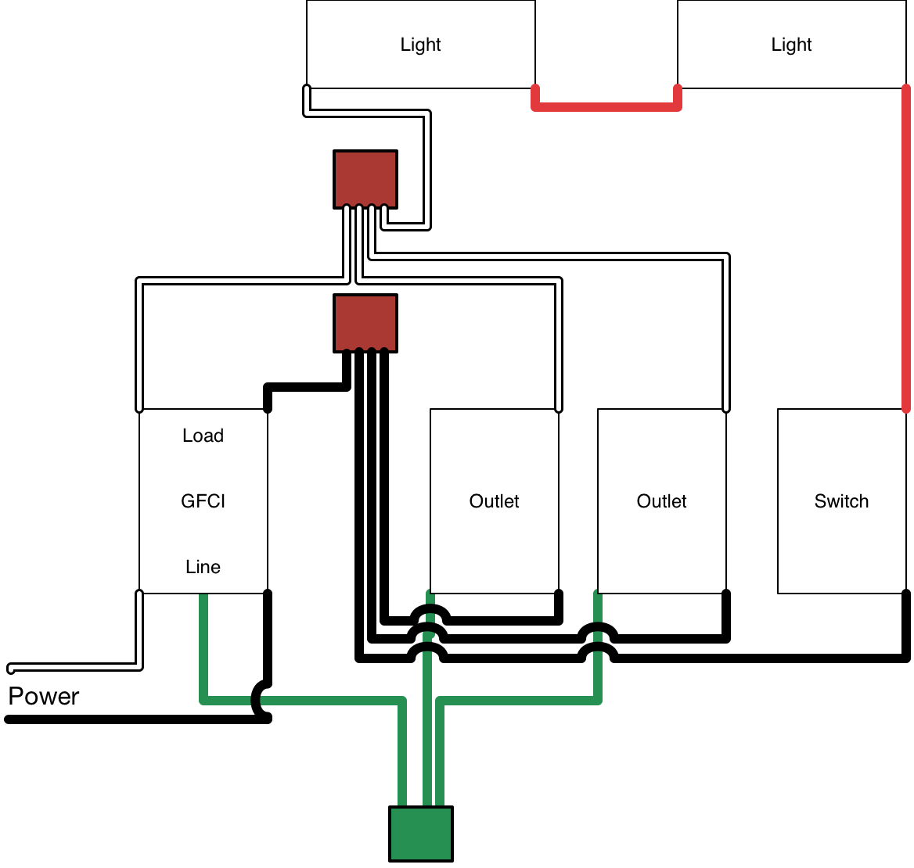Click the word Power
pyautogui.click(x=44, y=697)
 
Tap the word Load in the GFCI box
pyautogui.click(x=203, y=436)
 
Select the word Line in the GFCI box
pyautogui.click(x=203, y=567)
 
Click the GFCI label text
pyautogui.click(x=203, y=501)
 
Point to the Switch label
pyautogui.click(x=841, y=501)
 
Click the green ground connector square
pyautogui.click(x=421, y=834)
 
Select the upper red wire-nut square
pyautogui.click(x=365, y=179)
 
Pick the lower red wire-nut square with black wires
pyautogui.click(x=365, y=323)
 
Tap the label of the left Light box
pyautogui.click(x=420, y=45)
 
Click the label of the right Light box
pyautogui.click(x=791, y=45)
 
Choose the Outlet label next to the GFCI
pyautogui.click(x=494, y=501)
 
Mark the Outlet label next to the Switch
pyautogui.click(x=661, y=501)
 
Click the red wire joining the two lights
pyautogui.click(x=606, y=106)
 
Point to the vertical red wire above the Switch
pyautogui.click(x=906, y=250)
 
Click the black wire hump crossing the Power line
pyautogui.click(x=259, y=698)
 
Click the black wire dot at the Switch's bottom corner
pyautogui.click(x=906, y=595)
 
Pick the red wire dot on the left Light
pyautogui.click(x=536, y=87)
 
